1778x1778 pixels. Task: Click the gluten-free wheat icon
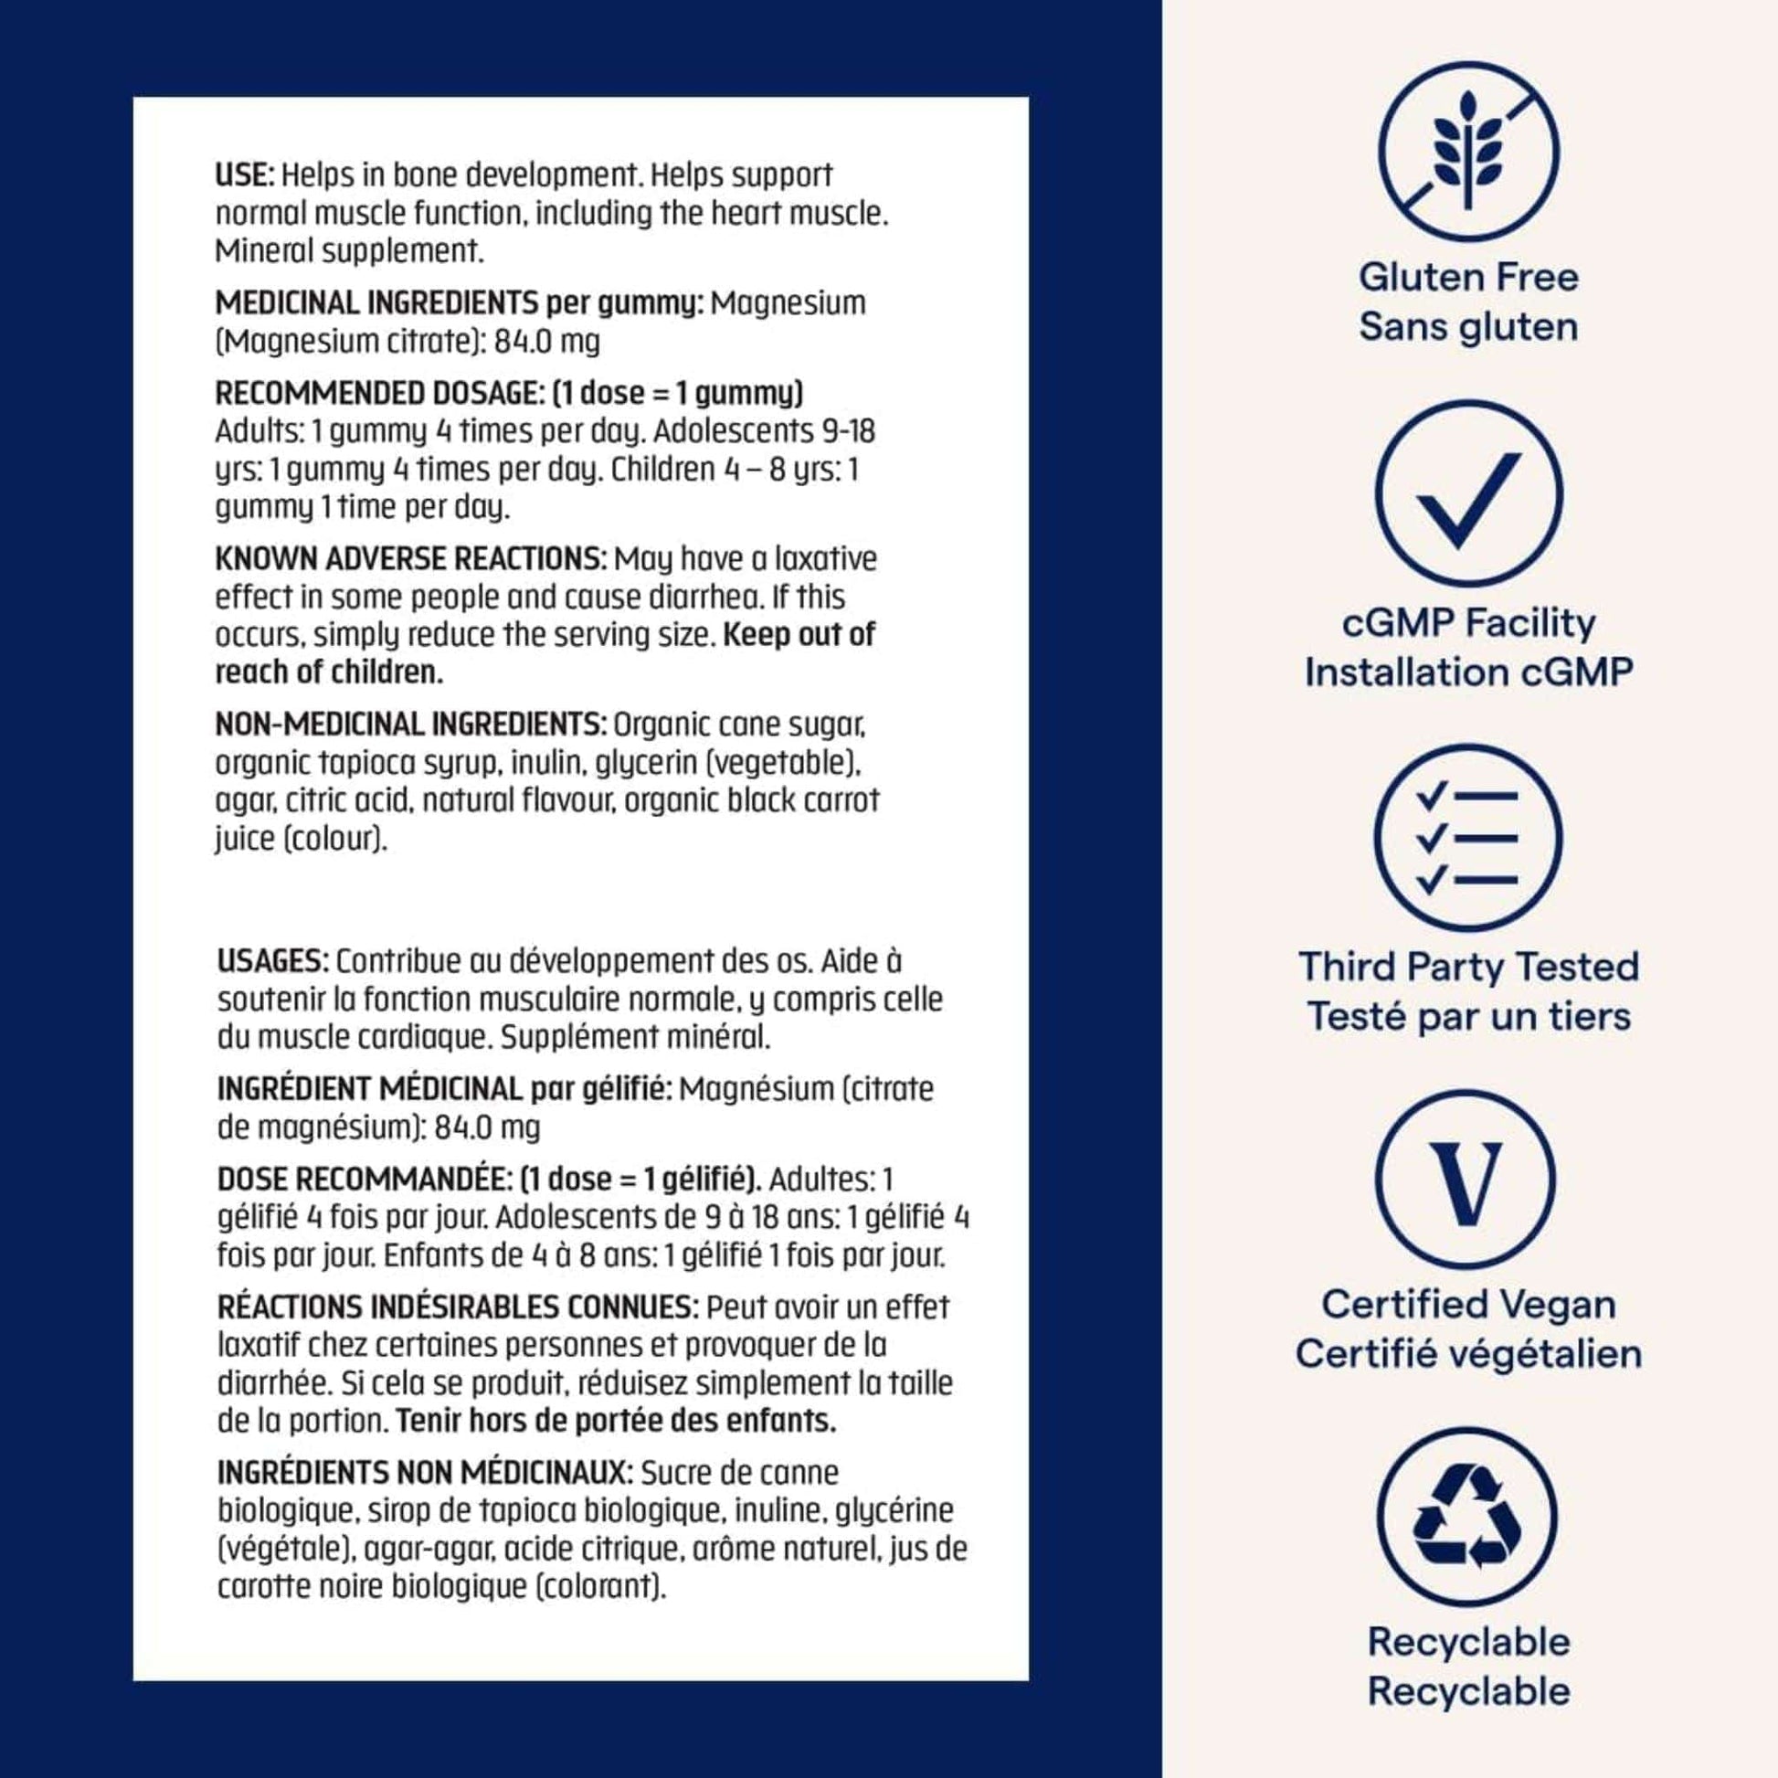click(1468, 152)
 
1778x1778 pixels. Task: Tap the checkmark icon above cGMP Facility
click(1468, 494)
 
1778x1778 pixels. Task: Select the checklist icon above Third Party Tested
click(1468, 838)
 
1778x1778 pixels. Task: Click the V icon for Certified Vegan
click(1468, 1180)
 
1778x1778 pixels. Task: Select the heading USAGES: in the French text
click(272, 962)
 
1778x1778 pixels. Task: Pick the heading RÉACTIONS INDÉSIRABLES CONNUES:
click(460, 1307)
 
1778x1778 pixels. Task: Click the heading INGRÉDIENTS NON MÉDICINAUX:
click(425, 1473)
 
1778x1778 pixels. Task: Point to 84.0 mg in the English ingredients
click(546, 343)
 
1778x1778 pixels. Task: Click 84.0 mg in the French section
click(487, 1127)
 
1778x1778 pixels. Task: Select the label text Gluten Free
click(1468, 277)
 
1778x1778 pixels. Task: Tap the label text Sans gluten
click(1468, 327)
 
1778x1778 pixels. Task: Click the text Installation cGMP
click(1468, 672)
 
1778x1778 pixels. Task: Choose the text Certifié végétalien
click(1468, 1354)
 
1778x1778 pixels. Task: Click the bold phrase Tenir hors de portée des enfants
click(616, 1421)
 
